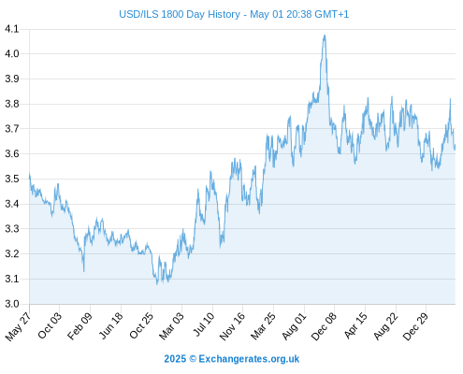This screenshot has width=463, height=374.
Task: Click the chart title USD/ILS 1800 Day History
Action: pyautogui.click(x=180, y=14)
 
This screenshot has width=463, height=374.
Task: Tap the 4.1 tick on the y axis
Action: pyautogui.click(x=12, y=29)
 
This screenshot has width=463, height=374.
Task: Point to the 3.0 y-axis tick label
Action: pyautogui.click(x=12, y=304)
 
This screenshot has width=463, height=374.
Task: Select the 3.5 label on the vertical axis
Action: pyautogui.click(x=12, y=179)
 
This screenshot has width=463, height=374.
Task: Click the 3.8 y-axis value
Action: pyautogui.click(x=12, y=104)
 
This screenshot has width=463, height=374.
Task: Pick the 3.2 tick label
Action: pyautogui.click(x=12, y=253)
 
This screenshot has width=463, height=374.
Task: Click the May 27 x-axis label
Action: pyautogui.click(x=19, y=326)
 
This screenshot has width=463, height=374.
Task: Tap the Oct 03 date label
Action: pyautogui.click(x=50, y=325)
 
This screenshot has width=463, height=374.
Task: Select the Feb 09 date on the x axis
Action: pyautogui.click(x=80, y=325)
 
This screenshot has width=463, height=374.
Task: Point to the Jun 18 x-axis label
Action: pyautogui.click(x=111, y=325)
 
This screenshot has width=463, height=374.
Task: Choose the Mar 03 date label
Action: pyautogui.click(x=171, y=325)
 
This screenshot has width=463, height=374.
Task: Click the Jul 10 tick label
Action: pyautogui.click(x=204, y=324)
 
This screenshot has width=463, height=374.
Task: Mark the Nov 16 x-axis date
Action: pyautogui.click(x=232, y=326)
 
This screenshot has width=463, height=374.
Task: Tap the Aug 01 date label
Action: pyautogui.click(x=294, y=325)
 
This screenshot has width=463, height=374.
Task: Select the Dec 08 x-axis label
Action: pyautogui.click(x=324, y=326)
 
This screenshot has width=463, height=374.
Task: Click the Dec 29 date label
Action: pyautogui.click(x=415, y=326)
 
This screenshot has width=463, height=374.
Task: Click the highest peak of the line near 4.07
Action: pyautogui.click(x=325, y=36)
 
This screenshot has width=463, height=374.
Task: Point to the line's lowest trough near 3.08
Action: pyautogui.click(x=157, y=283)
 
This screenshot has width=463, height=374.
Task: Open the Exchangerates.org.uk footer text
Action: pyautogui.click(x=249, y=359)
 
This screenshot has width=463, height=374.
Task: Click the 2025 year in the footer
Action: pyautogui.click(x=175, y=359)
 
